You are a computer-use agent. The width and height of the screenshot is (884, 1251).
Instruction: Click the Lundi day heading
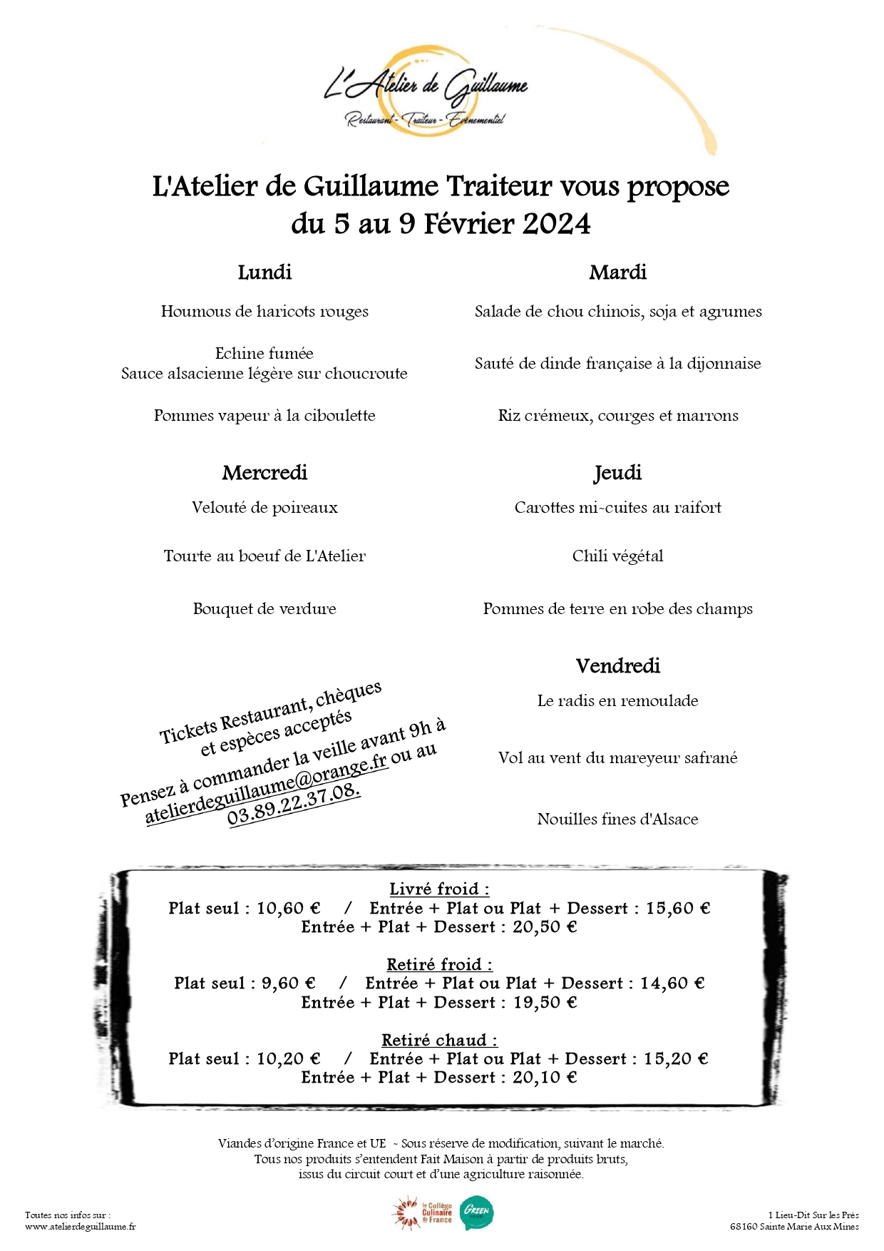click(x=264, y=272)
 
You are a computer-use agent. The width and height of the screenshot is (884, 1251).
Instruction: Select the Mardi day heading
click(x=617, y=272)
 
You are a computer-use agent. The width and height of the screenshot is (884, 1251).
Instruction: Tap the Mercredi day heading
click(x=264, y=473)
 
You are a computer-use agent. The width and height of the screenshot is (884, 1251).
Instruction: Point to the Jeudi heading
click(x=617, y=473)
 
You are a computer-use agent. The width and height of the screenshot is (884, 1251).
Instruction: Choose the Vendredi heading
click(x=617, y=666)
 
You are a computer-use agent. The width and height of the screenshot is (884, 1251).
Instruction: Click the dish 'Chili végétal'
click(x=617, y=556)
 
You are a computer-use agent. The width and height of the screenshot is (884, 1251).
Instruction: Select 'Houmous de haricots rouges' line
click(x=264, y=312)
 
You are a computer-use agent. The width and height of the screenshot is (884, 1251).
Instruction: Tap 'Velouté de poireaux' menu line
click(x=264, y=508)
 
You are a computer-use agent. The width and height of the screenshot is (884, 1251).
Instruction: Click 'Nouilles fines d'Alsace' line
click(x=617, y=819)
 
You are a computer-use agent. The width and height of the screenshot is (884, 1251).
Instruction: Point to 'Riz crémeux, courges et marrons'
click(x=617, y=416)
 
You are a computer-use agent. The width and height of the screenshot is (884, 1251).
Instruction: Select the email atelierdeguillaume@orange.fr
click(x=267, y=792)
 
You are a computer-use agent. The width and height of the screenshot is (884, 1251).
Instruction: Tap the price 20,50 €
click(x=545, y=927)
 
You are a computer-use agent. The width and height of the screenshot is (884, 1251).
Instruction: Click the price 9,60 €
click(x=288, y=984)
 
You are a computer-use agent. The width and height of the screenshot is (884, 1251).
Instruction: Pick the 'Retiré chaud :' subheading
click(x=439, y=1041)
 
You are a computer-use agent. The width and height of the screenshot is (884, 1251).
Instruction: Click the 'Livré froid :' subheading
click(x=439, y=889)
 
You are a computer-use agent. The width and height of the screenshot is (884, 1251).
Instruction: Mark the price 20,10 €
click(x=545, y=1078)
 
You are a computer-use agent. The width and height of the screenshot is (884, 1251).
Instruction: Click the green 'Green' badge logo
click(x=476, y=1212)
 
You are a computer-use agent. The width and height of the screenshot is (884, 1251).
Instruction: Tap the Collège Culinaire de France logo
click(x=422, y=1213)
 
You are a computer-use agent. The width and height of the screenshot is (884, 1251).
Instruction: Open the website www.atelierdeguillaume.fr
click(x=80, y=1227)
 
